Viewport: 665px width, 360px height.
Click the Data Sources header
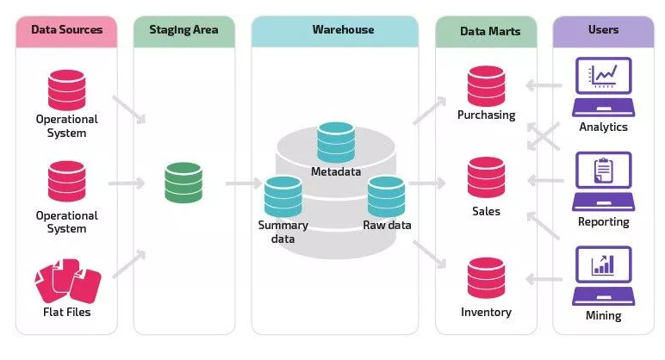tap(66, 30)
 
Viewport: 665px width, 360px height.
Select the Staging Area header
tap(184, 30)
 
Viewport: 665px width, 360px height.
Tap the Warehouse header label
tap(343, 30)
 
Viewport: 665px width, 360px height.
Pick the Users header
tap(603, 30)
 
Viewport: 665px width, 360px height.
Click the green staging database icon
tap(183, 183)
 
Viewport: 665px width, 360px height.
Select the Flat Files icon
tap(67, 280)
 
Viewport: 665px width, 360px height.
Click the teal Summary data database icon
tap(283, 196)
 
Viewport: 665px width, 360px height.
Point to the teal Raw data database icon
tap(386, 196)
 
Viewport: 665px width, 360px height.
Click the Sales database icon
tap(486, 177)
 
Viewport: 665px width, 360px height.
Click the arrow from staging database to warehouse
tap(243, 183)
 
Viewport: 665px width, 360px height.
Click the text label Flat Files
tap(67, 312)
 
